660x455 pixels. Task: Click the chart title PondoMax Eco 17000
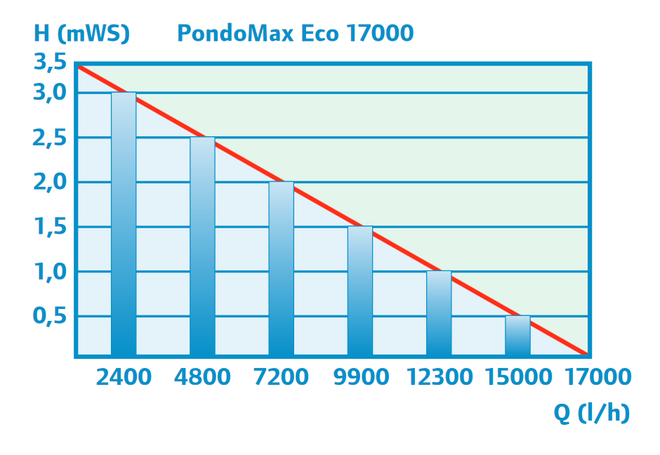point(295,33)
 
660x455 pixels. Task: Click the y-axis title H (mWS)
point(82,33)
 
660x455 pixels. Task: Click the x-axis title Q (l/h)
point(591,414)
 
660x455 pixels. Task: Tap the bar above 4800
point(202,246)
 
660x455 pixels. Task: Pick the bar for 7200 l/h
point(281,268)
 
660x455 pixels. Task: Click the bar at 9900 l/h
point(360,291)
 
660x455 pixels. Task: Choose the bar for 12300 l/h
point(439,313)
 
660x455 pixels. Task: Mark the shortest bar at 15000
point(517,336)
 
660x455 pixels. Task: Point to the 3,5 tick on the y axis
point(50,63)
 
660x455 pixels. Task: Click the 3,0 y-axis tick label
point(50,93)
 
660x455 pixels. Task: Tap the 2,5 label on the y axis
point(50,138)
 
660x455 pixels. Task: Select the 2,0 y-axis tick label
point(50,183)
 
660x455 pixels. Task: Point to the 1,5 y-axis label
point(50,227)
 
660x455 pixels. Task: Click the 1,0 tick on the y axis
point(50,272)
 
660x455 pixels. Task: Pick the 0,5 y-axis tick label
point(50,317)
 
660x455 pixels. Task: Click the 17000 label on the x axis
point(596,377)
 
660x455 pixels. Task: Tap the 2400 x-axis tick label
point(124,377)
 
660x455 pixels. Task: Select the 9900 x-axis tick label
point(360,377)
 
